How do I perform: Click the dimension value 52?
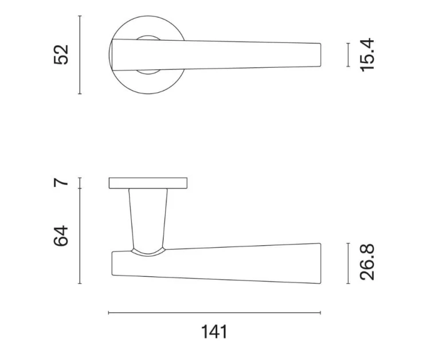coord(61,54)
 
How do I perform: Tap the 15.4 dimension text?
coord(367,55)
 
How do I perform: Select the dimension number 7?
coord(61,182)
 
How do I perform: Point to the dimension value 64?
coord(61,236)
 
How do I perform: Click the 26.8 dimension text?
coord(367,263)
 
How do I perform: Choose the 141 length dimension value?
coord(214,332)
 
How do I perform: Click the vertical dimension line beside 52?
coord(80,55)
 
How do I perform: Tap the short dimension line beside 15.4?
coord(348,55)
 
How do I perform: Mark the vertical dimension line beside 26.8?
coord(348,263)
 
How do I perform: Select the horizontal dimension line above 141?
coord(214,312)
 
